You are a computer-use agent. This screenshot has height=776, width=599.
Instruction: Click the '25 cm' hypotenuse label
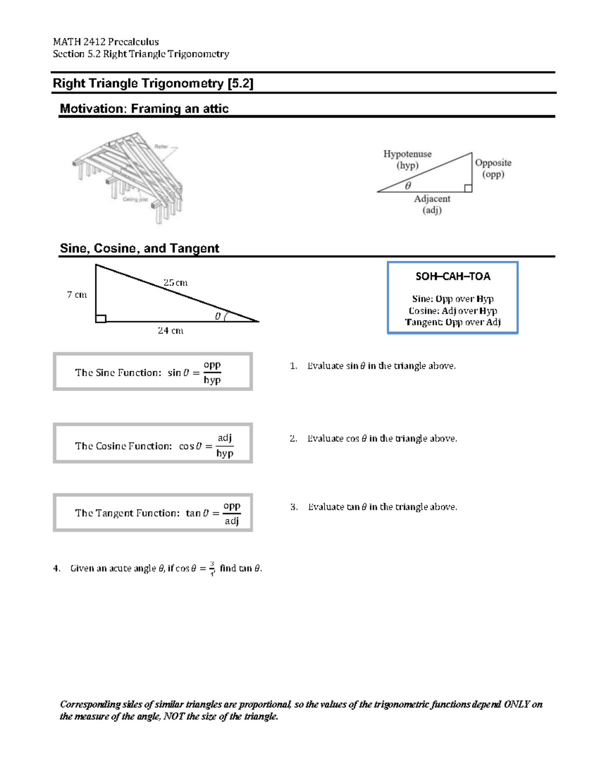[x=175, y=282]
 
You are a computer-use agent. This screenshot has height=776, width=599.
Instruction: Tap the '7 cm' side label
[x=77, y=295]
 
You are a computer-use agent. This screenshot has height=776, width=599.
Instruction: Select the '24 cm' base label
[x=170, y=330]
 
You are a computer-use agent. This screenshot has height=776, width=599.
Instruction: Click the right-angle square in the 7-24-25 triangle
[x=101, y=318]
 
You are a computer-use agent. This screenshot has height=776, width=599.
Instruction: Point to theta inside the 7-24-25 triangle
[x=218, y=316]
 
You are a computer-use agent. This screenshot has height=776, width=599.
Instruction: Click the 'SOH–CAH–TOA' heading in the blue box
[x=453, y=276]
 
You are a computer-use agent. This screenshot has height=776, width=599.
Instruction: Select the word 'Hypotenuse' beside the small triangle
[x=407, y=154]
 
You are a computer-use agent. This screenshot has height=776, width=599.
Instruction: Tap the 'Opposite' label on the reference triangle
[x=493, y=162]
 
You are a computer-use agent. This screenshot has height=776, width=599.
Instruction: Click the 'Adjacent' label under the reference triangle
[x=432, y=198]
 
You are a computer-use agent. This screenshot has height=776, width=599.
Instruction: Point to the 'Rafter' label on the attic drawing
[x=161, y=146]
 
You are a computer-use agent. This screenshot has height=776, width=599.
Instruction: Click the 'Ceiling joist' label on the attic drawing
[x=135, y=199]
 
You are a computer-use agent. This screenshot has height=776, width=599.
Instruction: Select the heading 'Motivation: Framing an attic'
[x=144, y=108]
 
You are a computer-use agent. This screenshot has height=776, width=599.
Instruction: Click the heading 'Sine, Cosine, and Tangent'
[x=139, y=248]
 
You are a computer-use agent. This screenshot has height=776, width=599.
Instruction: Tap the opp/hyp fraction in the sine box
[x=212, y=372]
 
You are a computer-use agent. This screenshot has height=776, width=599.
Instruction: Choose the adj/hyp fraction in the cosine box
[x=225, y=445]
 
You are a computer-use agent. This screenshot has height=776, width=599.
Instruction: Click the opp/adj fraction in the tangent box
[x=232, y=513]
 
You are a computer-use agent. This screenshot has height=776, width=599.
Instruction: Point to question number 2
[x=293, y=438]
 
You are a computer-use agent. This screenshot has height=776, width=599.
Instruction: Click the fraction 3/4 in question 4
[x=212, y=568]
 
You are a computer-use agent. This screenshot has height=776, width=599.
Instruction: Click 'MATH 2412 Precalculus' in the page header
[x=106, y=41]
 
